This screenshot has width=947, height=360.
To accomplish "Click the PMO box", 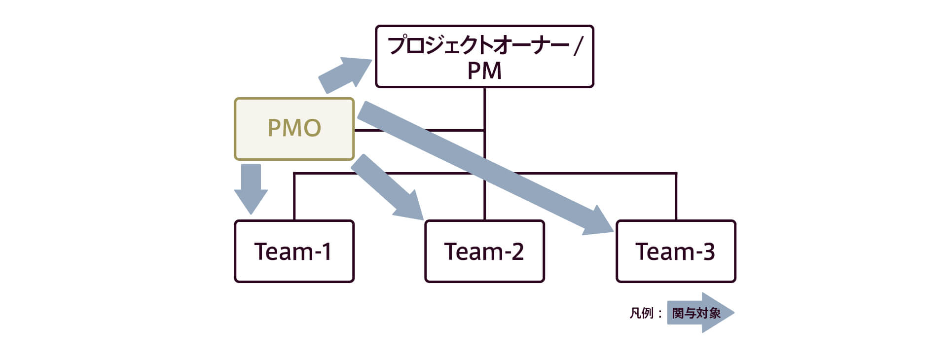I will (x=294, y=129).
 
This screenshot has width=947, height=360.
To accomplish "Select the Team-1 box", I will (x=294, y=251).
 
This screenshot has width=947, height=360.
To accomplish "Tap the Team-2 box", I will (x=484, y=251).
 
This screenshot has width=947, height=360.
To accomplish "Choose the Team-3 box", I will (x=675, y=251).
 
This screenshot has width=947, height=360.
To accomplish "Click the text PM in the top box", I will (x=484, y=71).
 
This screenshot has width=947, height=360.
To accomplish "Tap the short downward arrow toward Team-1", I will (x=251, y=190).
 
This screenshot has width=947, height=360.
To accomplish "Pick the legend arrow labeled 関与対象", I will (x=700, y=313).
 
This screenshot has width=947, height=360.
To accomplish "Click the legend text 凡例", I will (x=641, y=313).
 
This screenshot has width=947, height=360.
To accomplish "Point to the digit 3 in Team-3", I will (x=708, y=252).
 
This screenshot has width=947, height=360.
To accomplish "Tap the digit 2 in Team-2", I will (x=517, y=252).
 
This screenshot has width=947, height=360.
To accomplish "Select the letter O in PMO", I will (x=311, y=129).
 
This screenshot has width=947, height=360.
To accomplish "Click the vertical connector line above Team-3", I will (x=675, y=197).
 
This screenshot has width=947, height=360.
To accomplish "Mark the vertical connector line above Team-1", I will (x=294, y=197).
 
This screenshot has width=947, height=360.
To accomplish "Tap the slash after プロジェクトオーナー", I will (x=578, y=46).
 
